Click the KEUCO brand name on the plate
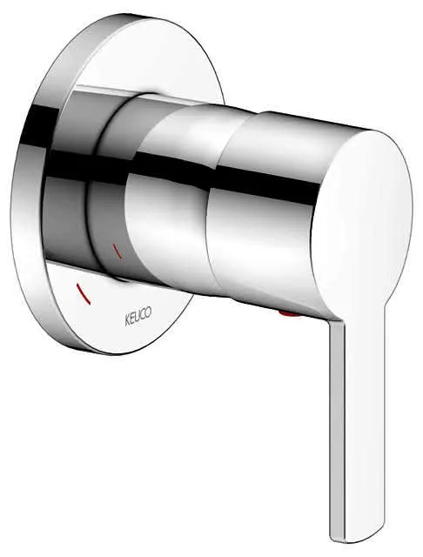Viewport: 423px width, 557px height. [x=138, y=315]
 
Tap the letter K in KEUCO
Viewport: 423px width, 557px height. [x=126, y=319]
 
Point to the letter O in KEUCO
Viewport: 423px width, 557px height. [x=148, y=312]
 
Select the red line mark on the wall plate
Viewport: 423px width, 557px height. [x=84, y=294]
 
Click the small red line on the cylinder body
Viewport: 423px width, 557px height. [x=117, y=251]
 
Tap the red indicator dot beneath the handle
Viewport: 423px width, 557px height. [x=288, y=313]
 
